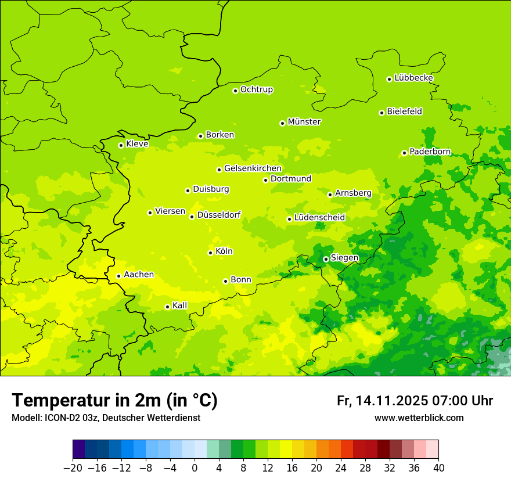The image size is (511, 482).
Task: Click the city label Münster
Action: (304, 122)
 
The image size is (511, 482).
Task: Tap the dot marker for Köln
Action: (210, 253)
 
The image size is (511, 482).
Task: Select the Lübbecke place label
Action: (413, 78)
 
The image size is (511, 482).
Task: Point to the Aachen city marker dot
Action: (118, 276)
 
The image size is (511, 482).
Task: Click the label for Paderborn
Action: (430, 152)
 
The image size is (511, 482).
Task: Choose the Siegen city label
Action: (344, 258)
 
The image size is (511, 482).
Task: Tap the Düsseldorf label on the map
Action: (219, 215)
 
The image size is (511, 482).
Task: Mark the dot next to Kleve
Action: (121, 145)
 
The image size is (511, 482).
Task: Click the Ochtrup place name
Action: (257, 89)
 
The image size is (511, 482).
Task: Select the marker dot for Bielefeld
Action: (382, 113)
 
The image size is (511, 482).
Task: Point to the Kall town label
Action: (179, 305)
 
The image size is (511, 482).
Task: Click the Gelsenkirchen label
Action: (253, 168)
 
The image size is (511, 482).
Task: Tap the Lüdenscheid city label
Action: (319, 218)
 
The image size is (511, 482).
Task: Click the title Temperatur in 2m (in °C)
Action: (114, 400)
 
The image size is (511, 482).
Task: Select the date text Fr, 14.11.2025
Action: (383, 401)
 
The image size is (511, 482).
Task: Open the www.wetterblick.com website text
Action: (419, 418)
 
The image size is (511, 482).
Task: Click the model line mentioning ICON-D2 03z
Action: (106, 418)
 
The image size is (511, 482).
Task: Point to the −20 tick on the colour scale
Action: (73, 468)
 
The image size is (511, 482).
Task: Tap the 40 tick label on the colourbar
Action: (438, 468)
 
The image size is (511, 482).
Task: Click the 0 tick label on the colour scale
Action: (195, 468)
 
